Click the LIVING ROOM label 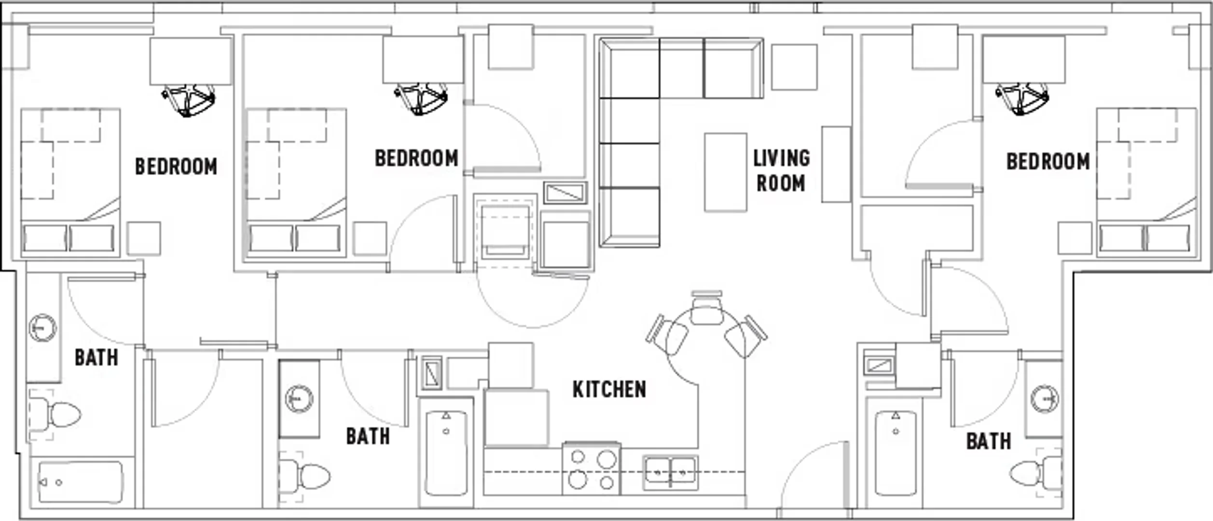(782, 171)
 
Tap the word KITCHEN (609, 390)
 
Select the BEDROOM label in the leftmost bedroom (176, 166)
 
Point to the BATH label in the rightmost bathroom (989, 441)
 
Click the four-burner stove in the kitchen (592, 468)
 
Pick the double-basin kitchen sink (670, 472)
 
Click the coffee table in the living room (726, 172)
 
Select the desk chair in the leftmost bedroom (189, 100)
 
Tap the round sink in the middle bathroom (299, 399)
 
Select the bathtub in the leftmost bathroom (80, 482)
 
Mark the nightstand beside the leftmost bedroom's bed (144, 239)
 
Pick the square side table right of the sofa (794, 67)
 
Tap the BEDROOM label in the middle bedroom (416, 158)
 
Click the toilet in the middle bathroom (305, 477)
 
